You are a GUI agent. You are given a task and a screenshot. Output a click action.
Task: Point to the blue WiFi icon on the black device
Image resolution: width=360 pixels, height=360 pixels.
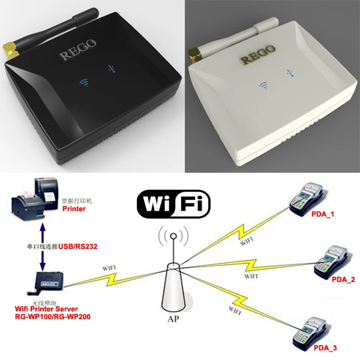84,82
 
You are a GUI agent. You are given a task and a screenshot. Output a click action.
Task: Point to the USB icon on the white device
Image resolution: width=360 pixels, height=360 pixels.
290,73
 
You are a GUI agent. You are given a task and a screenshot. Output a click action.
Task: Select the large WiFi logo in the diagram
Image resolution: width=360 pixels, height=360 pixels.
173,204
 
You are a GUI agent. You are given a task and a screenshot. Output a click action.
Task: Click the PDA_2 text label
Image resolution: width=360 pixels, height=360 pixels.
343,280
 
